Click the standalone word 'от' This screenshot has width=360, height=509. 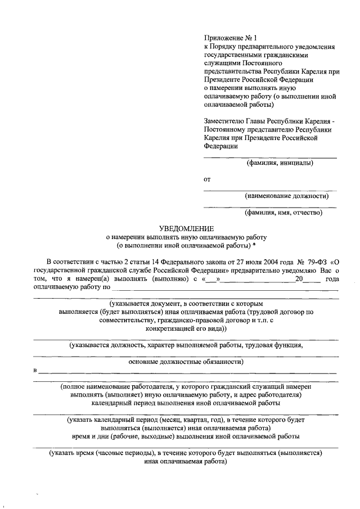pos(207,179)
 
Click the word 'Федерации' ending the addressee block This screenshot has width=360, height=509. pos(220,145)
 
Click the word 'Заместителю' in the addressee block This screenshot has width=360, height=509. pos(225,120)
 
